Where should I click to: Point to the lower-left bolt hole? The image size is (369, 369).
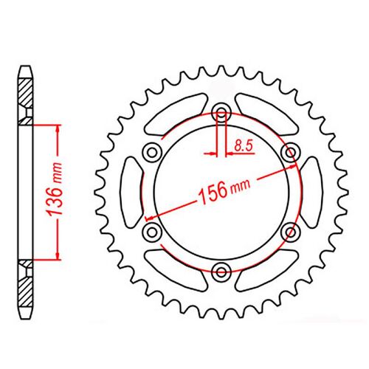click(154, 232)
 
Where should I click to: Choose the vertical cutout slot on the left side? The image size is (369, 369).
click(129, 192)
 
